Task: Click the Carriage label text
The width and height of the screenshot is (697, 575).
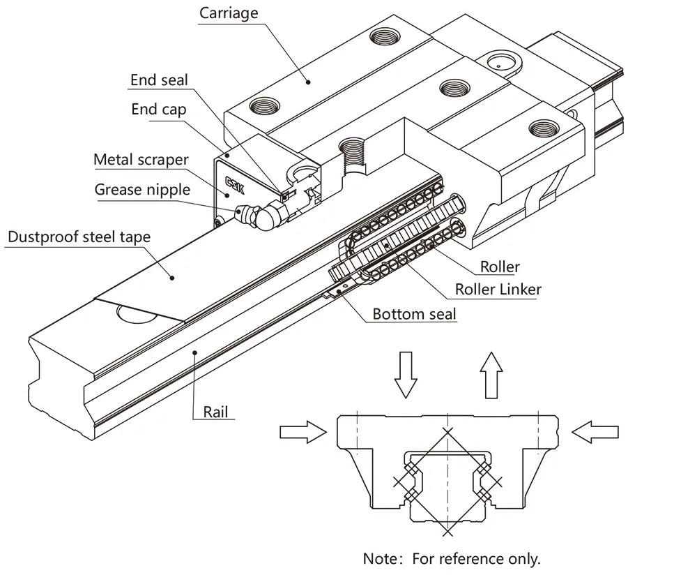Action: (x=229, y=13)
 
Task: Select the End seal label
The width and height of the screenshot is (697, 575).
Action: (x=159, y=80)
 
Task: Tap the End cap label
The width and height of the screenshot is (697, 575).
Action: (x=159, y=110)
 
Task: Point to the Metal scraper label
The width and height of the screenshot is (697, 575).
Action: (x=141, y=160)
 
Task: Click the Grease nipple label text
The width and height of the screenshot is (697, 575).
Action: (x=141, y=190)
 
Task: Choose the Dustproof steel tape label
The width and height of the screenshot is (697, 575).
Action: (x=78, y=237)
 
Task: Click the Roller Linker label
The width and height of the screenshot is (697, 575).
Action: (x=498, y=289)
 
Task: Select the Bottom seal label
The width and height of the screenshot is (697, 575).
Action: (x=414, y=314)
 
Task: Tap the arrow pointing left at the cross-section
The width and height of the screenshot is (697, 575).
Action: (x=595, y=433)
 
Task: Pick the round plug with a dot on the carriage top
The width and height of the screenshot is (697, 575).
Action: (x=500, y=62)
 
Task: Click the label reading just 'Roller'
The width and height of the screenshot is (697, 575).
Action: (x=500, y=267)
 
